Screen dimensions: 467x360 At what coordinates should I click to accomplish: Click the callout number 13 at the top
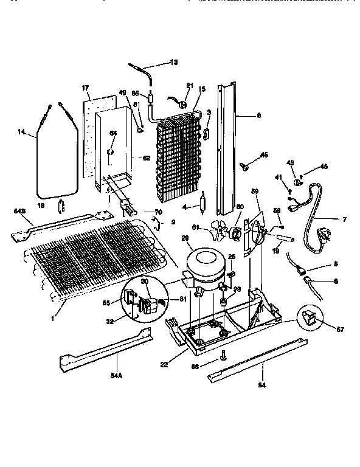coord(174,63)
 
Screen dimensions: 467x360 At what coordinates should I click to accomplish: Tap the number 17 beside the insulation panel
coord(86,89)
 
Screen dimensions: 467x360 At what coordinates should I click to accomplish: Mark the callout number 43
coord(291,162)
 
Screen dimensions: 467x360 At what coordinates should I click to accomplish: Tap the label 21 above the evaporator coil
coord(189,85)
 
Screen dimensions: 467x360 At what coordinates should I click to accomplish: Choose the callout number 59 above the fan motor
coord(255,192)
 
